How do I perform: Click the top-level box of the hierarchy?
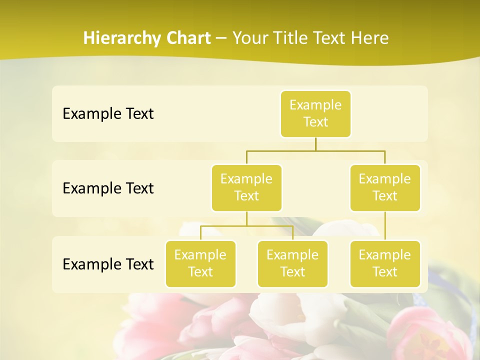315,114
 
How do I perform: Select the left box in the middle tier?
246,188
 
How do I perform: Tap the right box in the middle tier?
385,188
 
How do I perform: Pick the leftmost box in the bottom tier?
200,264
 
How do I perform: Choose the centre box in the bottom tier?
292,264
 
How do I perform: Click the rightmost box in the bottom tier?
385,264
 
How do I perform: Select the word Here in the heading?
370,38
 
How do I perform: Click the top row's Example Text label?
108,114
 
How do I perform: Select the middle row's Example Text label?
108,188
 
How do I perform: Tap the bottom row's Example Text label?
108,264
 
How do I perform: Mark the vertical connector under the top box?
315,144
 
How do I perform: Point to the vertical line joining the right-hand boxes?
385,226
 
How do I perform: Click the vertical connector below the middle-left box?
246,218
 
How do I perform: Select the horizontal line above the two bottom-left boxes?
246,226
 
